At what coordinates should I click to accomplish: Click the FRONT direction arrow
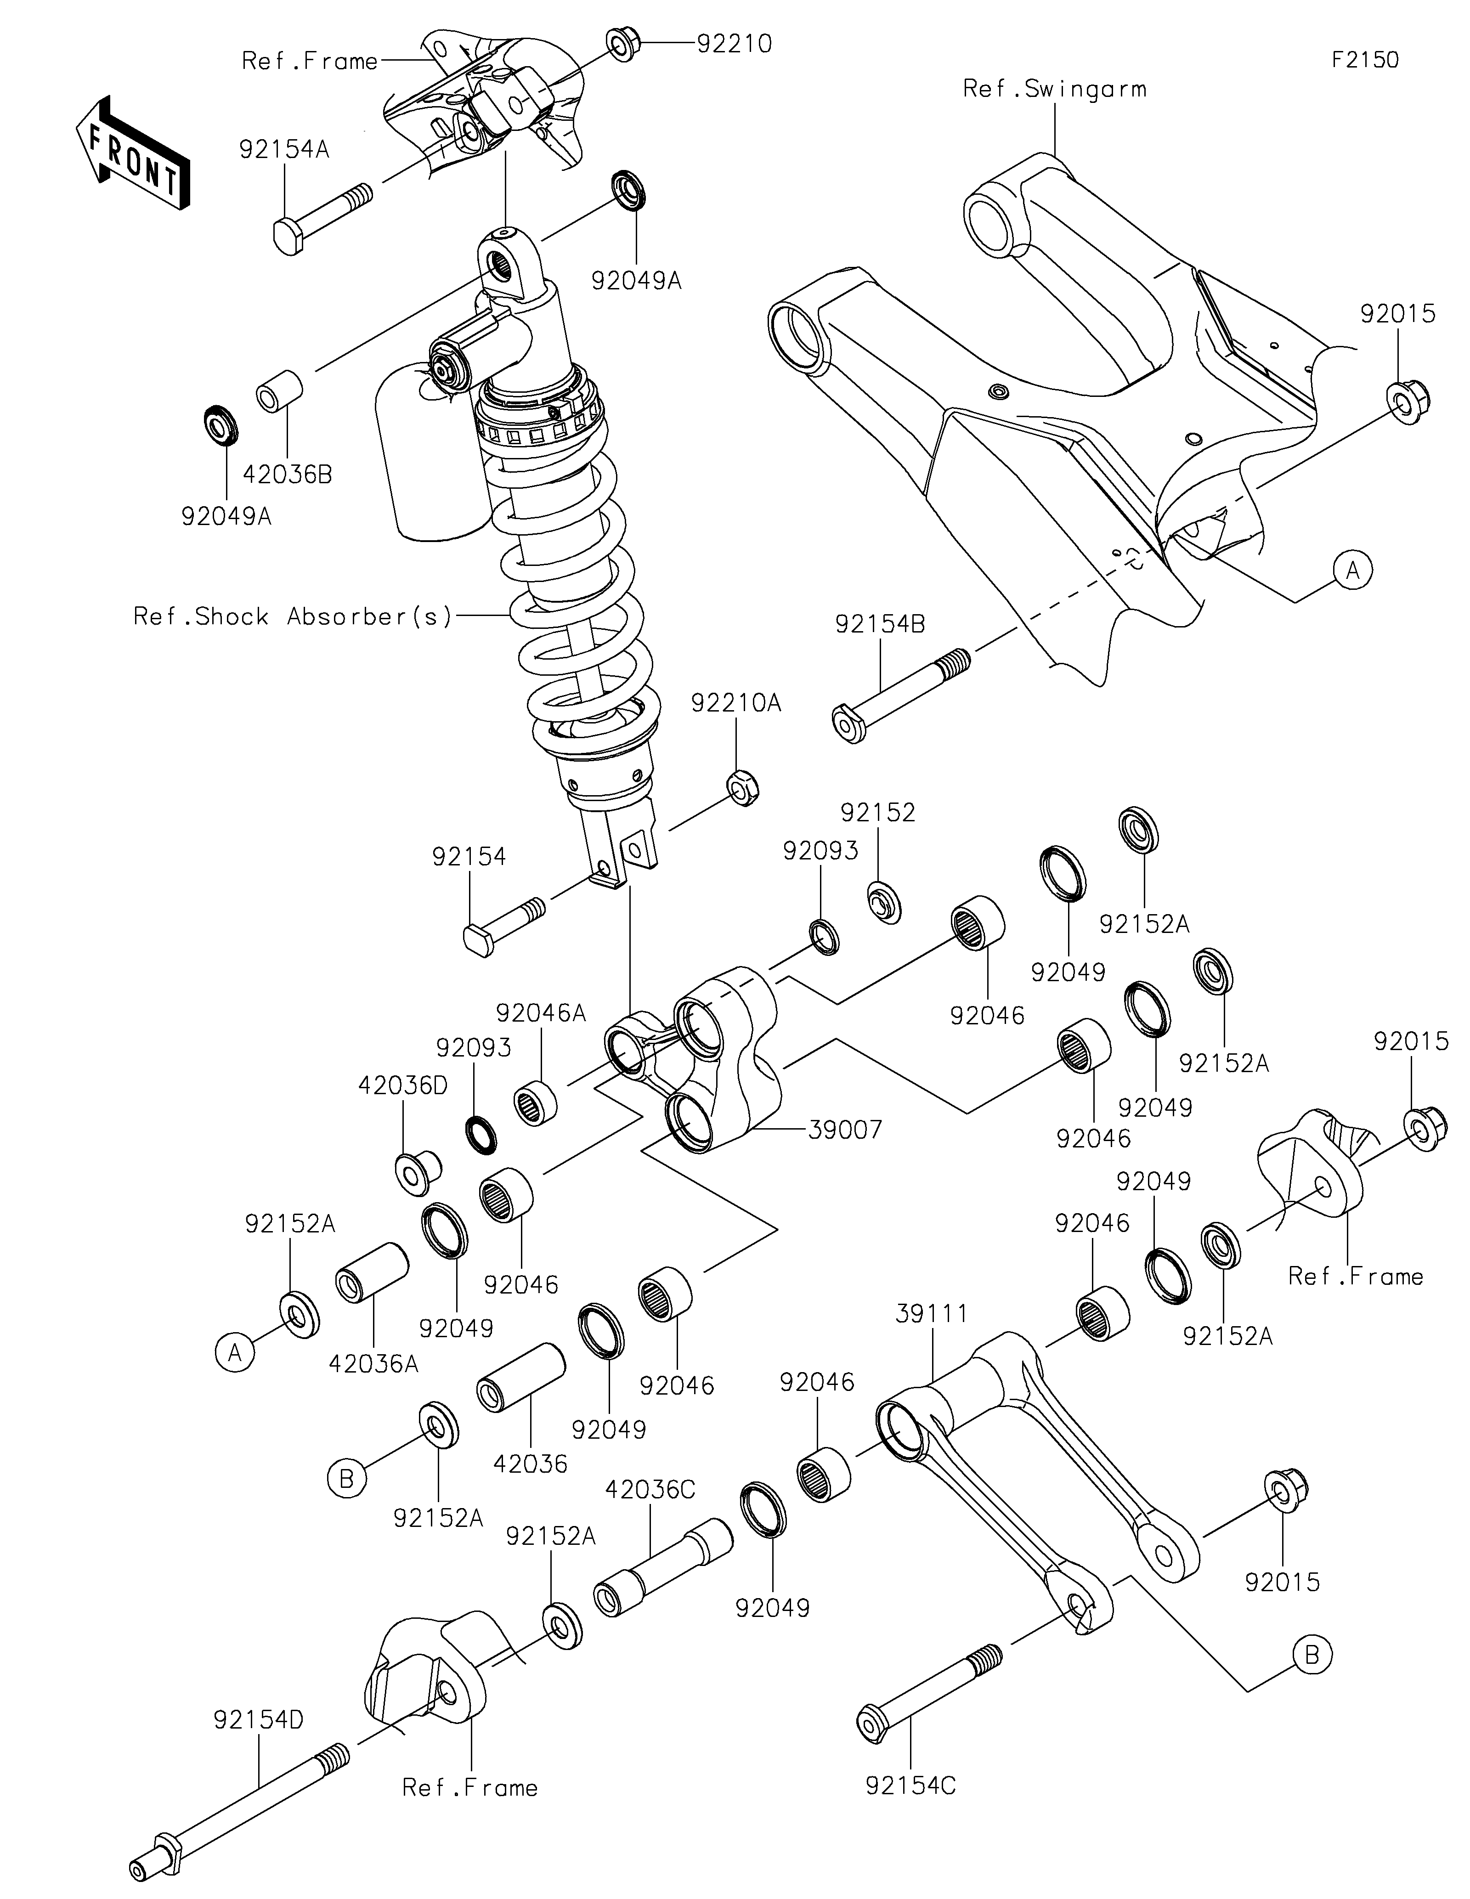tap(132, 152)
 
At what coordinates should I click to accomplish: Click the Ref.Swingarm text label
tap(1054, 89)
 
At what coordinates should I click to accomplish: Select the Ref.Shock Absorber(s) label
tap(293, 616)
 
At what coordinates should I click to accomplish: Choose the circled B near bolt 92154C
tap(1312, 1656)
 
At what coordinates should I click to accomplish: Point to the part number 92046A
tap(542, 1013)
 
